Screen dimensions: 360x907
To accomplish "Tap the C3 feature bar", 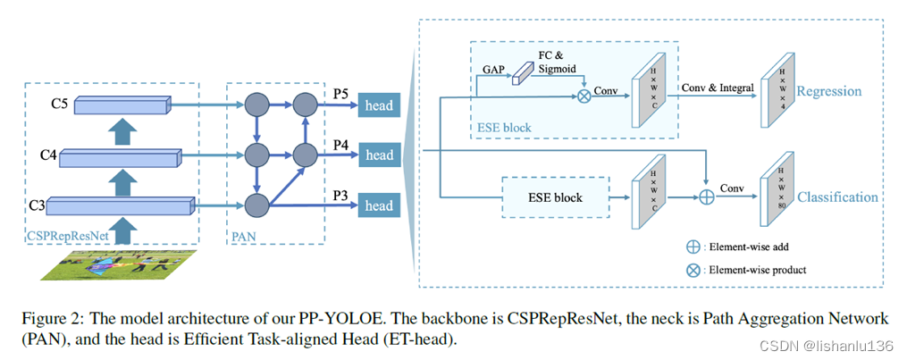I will click(120, 207).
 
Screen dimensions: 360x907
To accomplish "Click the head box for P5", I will click(378, 106).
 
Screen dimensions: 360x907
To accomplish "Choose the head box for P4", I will click(378, 155).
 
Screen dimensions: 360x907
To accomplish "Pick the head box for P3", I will click(378, 206).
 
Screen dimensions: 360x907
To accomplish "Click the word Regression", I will click(828, 91).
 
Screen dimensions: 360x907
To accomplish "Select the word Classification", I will click(837, 197).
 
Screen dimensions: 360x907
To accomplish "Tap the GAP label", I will click(493, 67).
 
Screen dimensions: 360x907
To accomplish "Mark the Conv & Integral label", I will click(717, 88).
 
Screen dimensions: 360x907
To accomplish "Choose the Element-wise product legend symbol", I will click(692, 268).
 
